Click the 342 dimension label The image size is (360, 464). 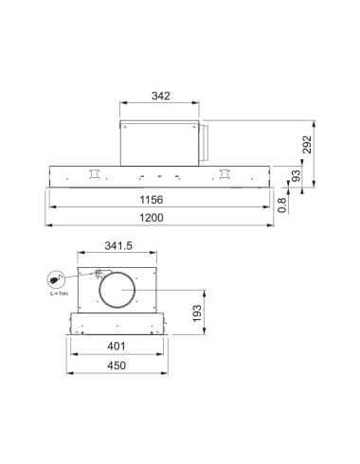[161, 96]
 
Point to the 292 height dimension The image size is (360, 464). [307, 145]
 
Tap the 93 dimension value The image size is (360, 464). [296, 176]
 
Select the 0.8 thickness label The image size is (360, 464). [282, 205]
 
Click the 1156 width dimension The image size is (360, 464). [152, 200]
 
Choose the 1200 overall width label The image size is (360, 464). [152, 218]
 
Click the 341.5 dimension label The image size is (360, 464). [118, 245]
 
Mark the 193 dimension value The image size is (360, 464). [197, 313]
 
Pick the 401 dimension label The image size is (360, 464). [117, 347]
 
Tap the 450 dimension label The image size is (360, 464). [117, 366]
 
